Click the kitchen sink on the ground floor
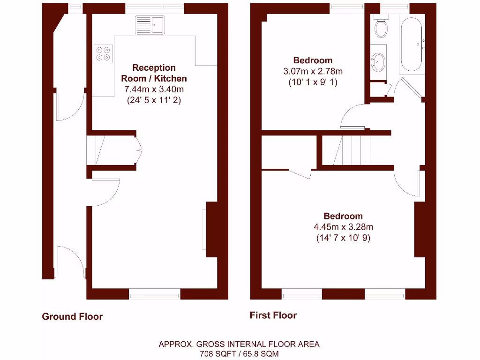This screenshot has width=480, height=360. (x=150, y=25)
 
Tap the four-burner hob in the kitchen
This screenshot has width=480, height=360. (x=104, y=53)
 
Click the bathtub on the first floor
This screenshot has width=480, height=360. (x=412, y=45)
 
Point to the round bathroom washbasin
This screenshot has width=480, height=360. (x=378, y=61)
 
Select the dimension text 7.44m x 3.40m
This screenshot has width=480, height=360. (x=154, y=89)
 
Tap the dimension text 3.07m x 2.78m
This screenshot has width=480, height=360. (x=313, y=72)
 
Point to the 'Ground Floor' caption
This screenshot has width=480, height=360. (x=72, y=316)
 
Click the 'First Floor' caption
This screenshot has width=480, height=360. (x=273, y=315)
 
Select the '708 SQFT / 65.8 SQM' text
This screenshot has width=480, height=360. (x=239, y=353)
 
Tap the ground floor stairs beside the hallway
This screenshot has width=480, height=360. (x=95, y=150)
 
